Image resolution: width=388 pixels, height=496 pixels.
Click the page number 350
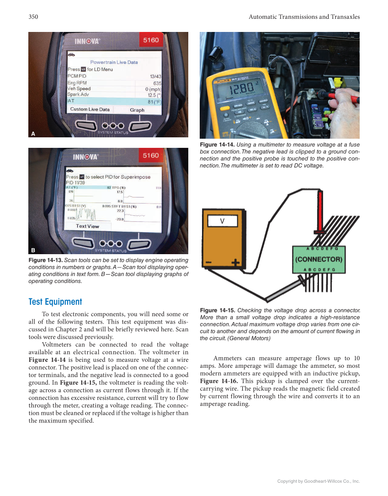point(33,17)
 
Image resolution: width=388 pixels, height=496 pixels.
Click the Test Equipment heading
point(55,302)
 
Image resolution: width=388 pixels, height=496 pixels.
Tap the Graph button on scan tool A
point(137,110)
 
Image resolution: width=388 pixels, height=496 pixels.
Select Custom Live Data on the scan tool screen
point(90,110)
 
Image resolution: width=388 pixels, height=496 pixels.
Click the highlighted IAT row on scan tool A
point(114,101)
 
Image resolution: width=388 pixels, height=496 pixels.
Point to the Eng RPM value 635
point(157,83)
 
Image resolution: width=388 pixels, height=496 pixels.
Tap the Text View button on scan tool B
point(87,226)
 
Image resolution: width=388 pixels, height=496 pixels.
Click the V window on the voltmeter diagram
point(222,221)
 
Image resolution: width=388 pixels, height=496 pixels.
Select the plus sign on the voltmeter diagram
point(235,263)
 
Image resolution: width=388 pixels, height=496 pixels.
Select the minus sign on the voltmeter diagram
point(209,263)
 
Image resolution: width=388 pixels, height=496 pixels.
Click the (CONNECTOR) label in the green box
point(319,259)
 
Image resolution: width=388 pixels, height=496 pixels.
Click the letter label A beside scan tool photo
point(33,134)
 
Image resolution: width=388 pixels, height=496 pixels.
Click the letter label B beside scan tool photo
point(33,251)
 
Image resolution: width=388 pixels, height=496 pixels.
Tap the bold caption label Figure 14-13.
point(45,260)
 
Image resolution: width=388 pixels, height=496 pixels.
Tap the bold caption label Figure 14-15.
point(218,311)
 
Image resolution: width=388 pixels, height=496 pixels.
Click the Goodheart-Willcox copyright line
point(319,481)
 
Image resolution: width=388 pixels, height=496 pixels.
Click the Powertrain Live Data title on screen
point(114,62)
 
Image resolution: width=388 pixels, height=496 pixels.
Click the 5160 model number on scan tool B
point(151,156)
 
